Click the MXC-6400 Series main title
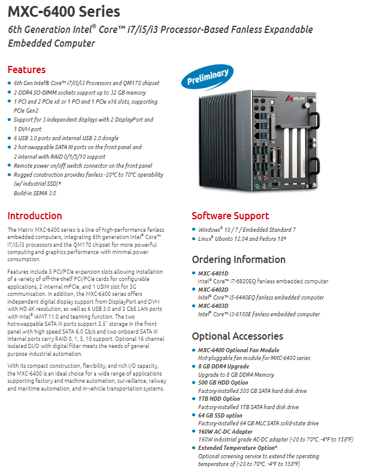click(x=64, y=12)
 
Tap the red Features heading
click(x=26, y=69)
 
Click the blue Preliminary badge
click(x=208, y=77)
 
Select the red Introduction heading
click(x=35, y=216)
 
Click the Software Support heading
click(x=231, y=216)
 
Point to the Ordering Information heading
click(x=239, y=259)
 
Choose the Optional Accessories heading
click(x=238, y=336)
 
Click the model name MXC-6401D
click(x=213, y=273)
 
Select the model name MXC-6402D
click(x=213, y=289)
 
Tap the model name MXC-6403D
click(x=213, y=306)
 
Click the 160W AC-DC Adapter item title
click(x=226, y=431)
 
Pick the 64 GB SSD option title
click(x=220, y=415)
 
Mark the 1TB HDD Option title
click(x=219, y=399)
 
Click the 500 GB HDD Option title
click(x=223, y=383)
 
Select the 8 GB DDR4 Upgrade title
click(x=224, y=367)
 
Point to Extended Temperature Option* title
click(x=238, y=447)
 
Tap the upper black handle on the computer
click(x=315, y=120)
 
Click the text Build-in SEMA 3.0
click(x=35, y=193)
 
